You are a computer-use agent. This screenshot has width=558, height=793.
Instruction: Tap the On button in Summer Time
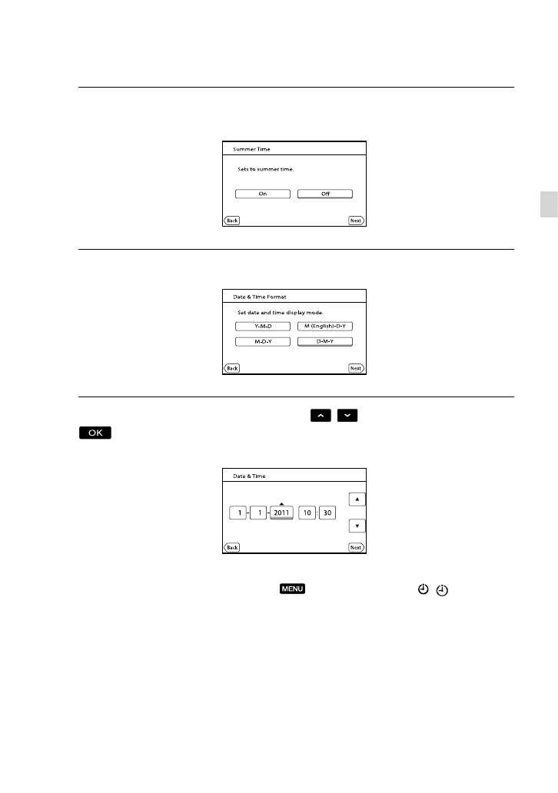[262, 194]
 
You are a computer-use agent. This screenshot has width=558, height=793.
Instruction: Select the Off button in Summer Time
[325, 194]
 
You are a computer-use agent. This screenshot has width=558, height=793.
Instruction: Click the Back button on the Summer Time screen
[231, 221]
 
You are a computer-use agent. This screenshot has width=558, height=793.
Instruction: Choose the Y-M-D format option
[262, 326]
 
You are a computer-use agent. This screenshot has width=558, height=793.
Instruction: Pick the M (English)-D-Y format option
[325, 326]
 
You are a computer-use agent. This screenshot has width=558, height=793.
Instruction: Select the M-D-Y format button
[262, 341]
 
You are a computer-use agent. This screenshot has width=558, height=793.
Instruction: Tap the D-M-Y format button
[325, 341]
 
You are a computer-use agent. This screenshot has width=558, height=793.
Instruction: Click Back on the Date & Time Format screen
[231, 368]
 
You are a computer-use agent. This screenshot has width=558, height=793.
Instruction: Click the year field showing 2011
[282, 513]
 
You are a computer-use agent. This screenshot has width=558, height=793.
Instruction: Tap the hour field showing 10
[306, 513]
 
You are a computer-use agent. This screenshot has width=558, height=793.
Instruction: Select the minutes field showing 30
[327, 513]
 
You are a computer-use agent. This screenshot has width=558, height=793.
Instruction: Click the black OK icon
[95, 434]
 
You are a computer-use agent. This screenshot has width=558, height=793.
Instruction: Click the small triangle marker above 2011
[282, 503]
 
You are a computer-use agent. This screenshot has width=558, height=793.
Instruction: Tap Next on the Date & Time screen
[355, 547]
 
